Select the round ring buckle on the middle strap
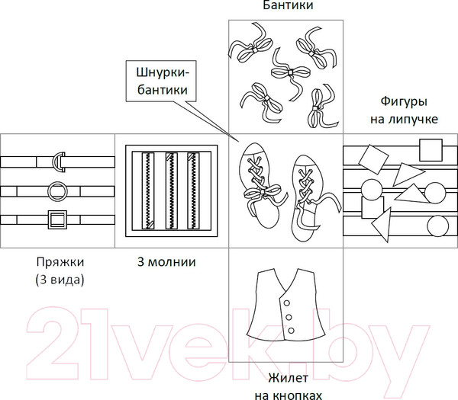point(49,191)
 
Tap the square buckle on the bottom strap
point(50,219)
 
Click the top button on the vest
point(287,303)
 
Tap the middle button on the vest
point(289,317)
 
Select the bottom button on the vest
point(291,331)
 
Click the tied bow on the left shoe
point(263,191)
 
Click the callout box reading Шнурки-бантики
point(161,81)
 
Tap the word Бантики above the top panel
point(288,5)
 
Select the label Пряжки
point(60,262)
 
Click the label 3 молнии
point(166,262)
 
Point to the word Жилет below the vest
point(288,378)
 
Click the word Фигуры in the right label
point(404,102)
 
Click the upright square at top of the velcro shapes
point(431,150)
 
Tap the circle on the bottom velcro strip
point(437,226)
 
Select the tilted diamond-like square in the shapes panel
point(373,159)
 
